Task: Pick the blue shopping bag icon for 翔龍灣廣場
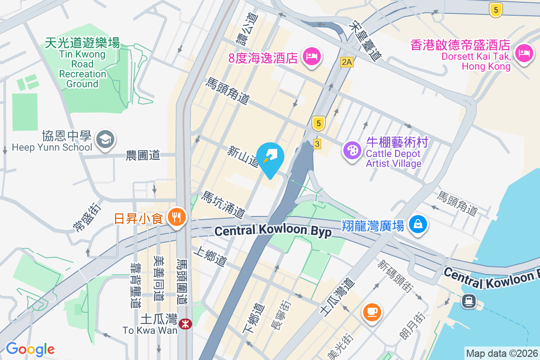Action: (x=418, y=224)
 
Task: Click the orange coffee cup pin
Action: (x=372, y=311)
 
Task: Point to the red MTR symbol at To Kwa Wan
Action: (x=185, y=323)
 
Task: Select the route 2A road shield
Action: (x=346, y=62)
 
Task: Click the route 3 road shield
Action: (x=317, y=144)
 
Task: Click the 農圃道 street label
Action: (x=143, y=156)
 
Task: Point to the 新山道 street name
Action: (x=243, y=155)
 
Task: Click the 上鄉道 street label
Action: (x=211, y=256)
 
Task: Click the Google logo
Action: (x=30, y=349)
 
